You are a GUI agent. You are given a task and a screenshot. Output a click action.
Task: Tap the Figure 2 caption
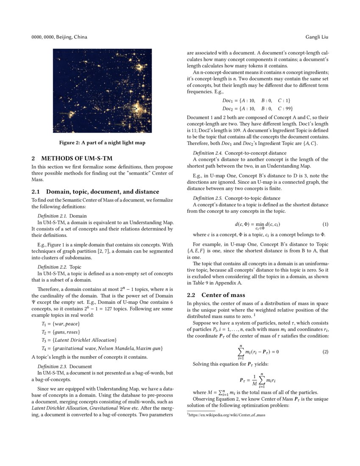102,143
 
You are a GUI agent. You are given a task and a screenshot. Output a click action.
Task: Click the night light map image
102,91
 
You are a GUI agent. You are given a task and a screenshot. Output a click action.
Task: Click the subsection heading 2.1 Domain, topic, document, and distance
96,191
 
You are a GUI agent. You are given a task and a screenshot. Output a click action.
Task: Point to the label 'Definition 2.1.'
53,216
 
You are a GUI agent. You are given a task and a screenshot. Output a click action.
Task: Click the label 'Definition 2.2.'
53,267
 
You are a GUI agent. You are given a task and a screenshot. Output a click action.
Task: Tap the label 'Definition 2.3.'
53,366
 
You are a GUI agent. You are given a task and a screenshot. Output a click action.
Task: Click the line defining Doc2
258,108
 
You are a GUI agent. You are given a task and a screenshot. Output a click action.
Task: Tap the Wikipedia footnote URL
227,415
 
